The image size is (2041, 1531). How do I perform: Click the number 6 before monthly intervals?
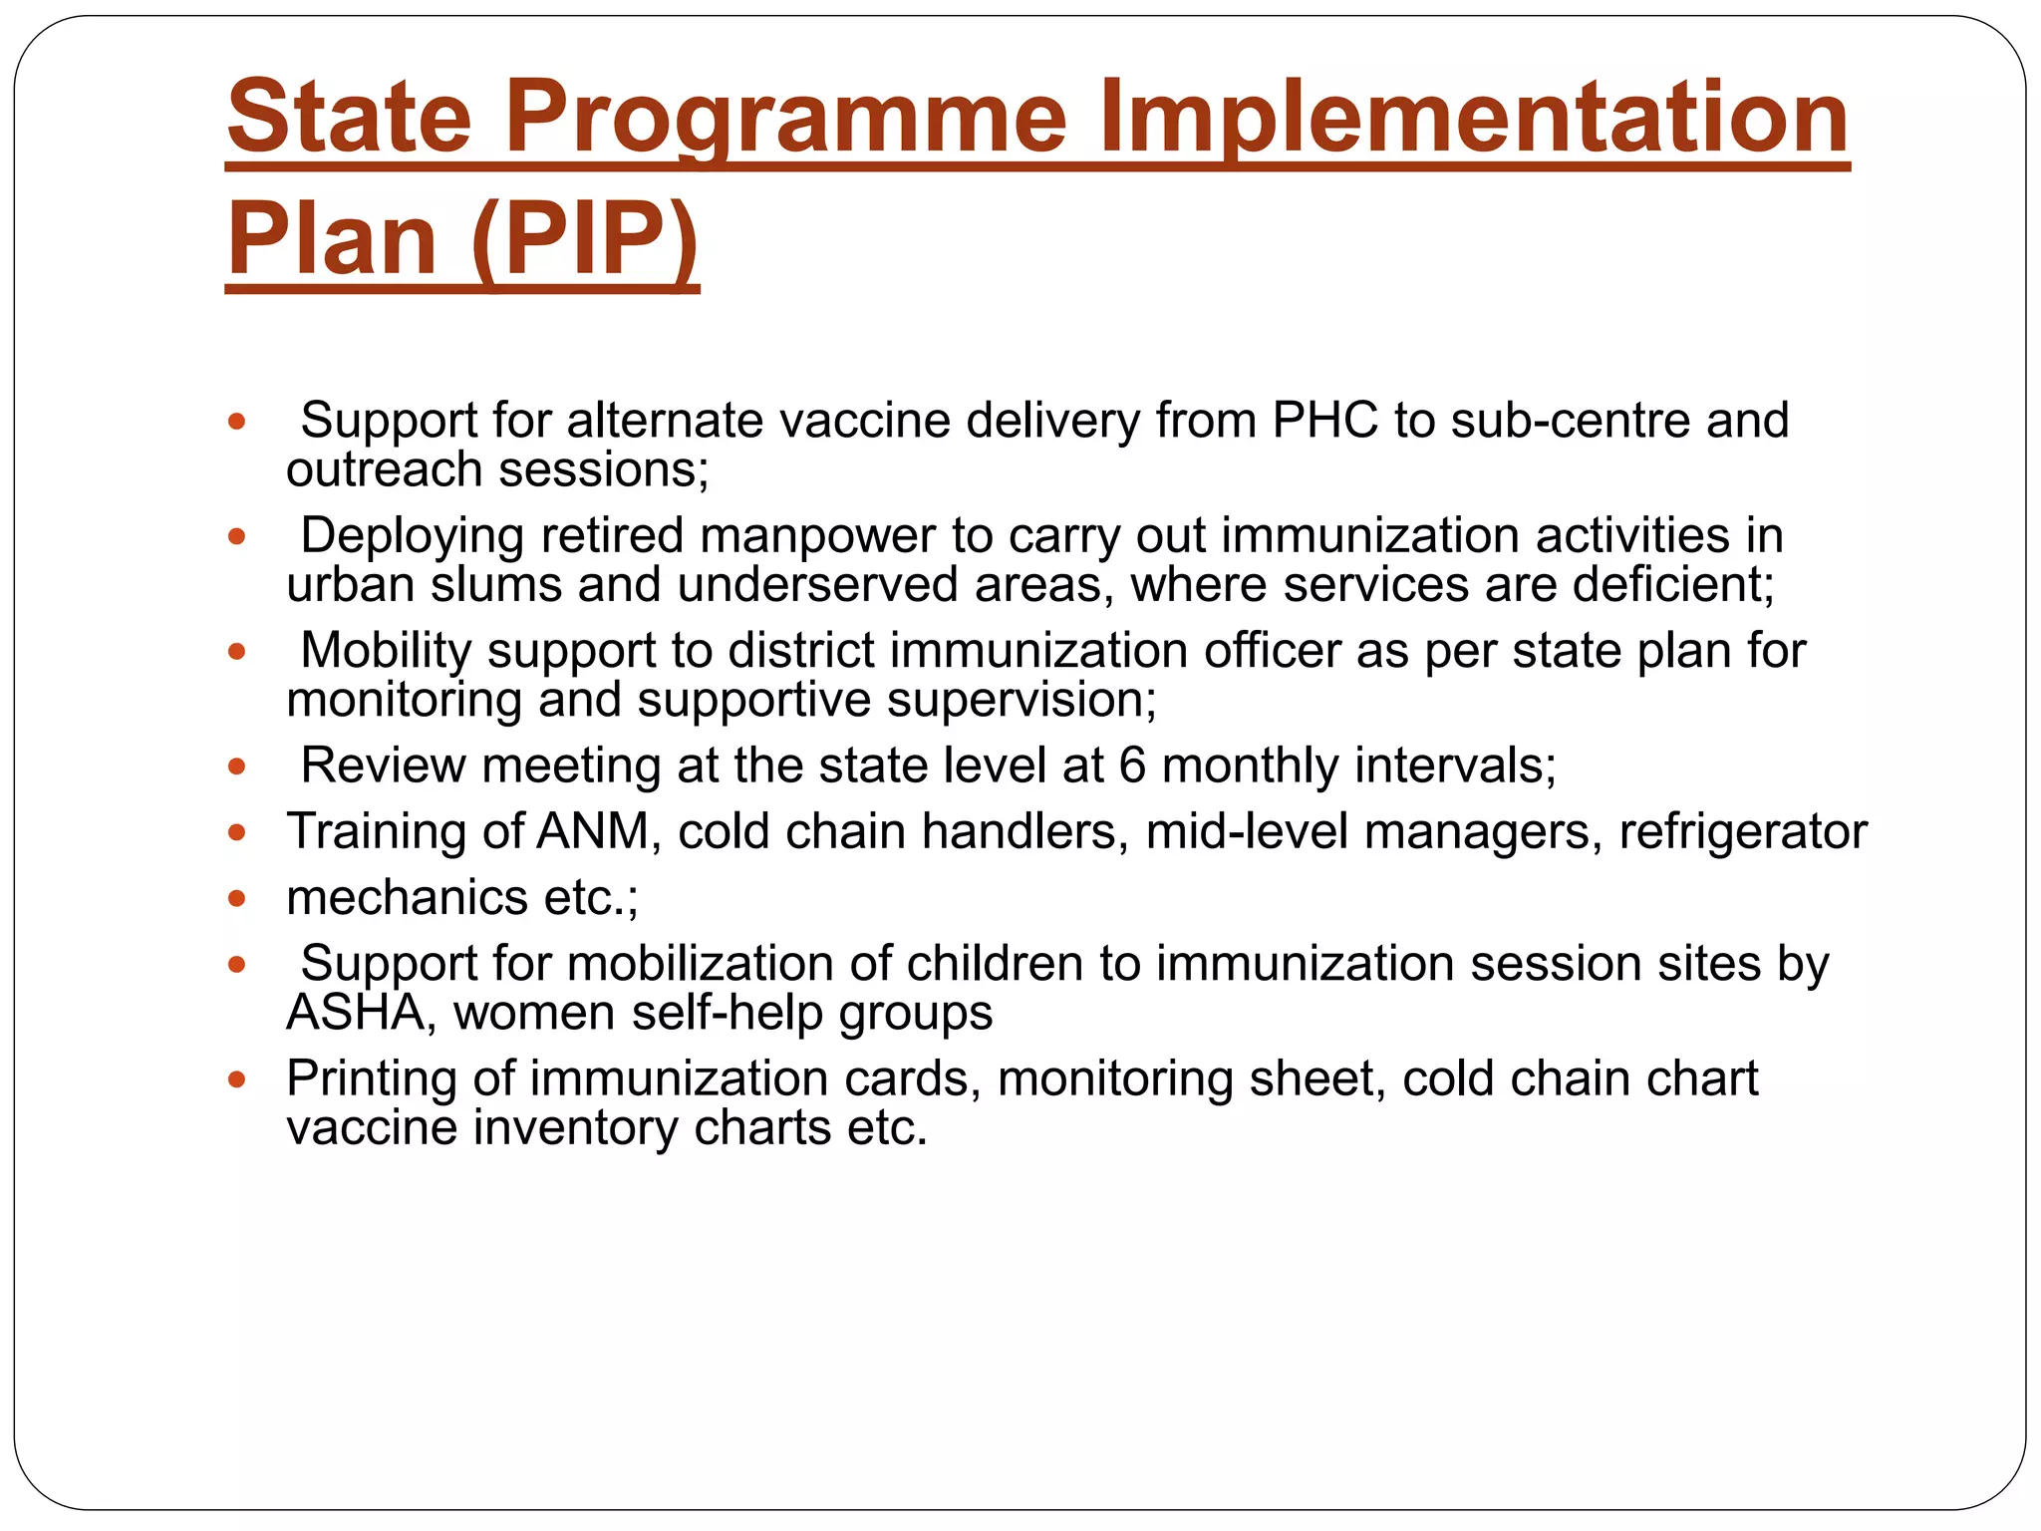(x=1133, y=765)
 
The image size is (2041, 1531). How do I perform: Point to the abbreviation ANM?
(x=594, y=831)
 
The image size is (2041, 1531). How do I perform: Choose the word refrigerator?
(x=1743, y=831)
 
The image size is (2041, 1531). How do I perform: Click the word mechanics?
(x=408, y=897)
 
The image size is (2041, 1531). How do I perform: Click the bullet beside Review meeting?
(x=236, y=766)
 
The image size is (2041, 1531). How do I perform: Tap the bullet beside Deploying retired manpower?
(x=236, y=536)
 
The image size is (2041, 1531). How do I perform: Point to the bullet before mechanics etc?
(x=236, y=898)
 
